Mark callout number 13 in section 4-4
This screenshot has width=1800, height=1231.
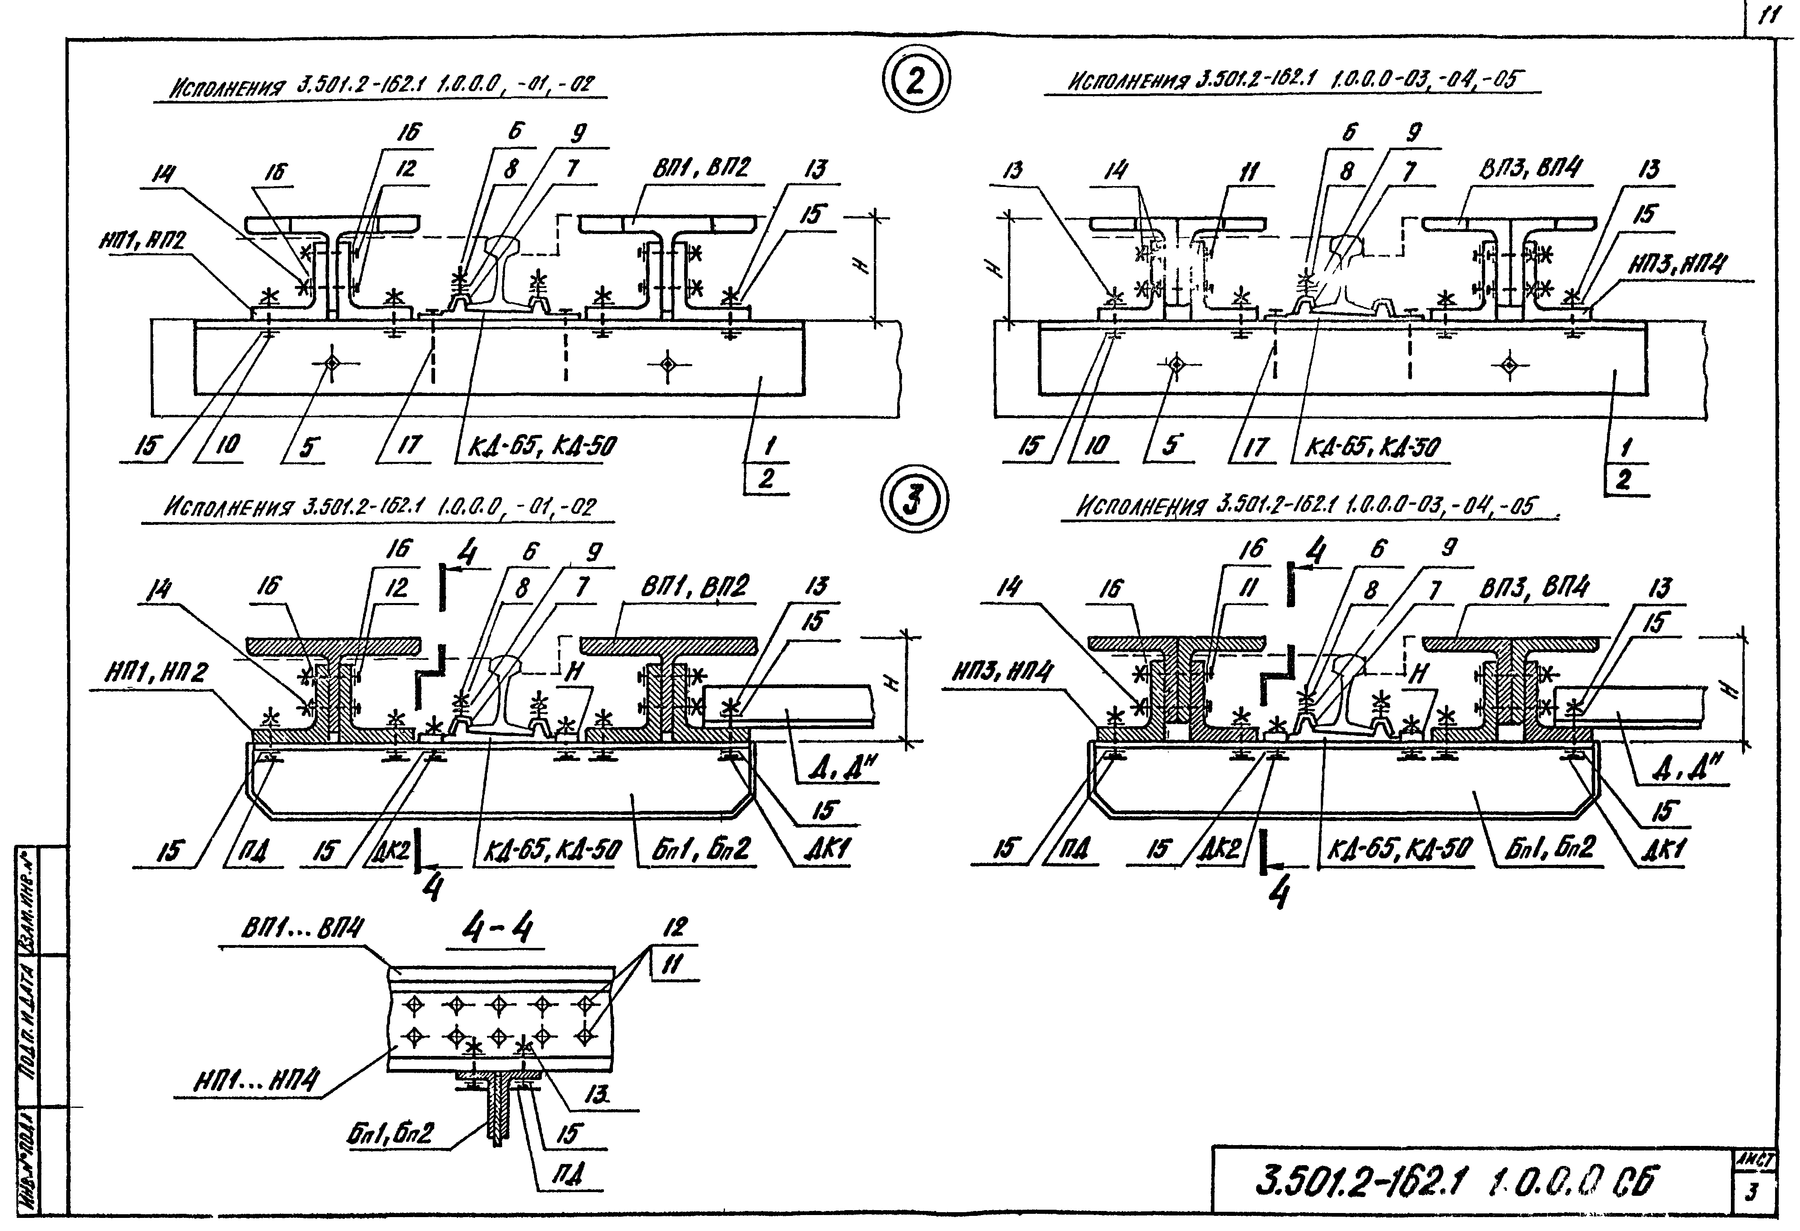(595, 1095)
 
